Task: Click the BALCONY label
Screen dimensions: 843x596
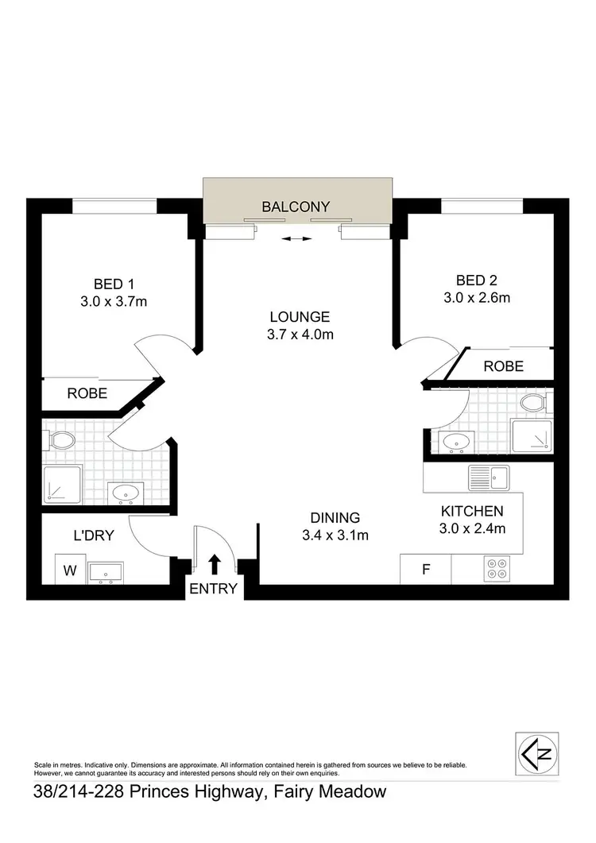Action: click(x=296, y=207)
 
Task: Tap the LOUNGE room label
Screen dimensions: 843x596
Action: click(x=300, y=316)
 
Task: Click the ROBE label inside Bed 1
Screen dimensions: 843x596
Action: click(x=87, y=392)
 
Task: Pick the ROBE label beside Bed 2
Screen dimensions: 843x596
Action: click(x=504, y=365)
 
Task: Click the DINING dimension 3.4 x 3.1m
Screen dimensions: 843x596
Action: click(x=336, y=535)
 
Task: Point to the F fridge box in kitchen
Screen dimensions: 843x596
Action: click(x=425, y=570)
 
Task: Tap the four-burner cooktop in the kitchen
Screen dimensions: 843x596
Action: click(x=497, y=569)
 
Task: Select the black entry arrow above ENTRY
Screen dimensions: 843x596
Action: click(x=214, y=564)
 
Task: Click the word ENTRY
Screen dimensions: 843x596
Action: click(x=214, y=589)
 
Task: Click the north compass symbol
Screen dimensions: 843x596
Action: click(x=536, y=752)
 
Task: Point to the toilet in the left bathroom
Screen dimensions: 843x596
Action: click(x=61, y=439)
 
